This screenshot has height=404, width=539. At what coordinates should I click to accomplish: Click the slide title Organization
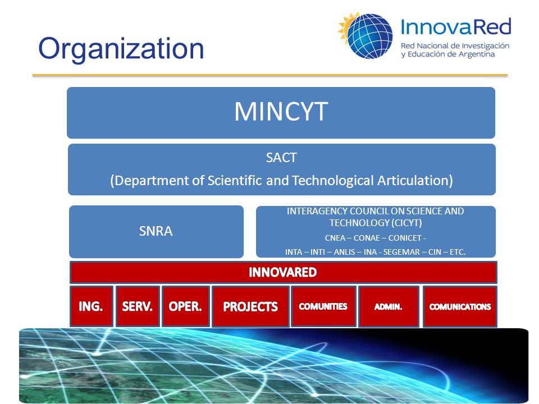(121, 49)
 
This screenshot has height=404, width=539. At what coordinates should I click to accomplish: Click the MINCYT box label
(281, 112)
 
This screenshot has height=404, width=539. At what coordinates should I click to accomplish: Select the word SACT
(281, 158)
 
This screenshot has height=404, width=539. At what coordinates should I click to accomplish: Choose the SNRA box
(157, 232)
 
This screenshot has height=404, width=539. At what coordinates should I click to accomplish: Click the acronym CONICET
(405, 238)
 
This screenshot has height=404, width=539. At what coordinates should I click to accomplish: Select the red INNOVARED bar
(283, 273)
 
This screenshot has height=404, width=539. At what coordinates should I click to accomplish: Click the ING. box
(92, 306)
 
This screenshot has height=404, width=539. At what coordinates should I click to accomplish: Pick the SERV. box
(138, 306)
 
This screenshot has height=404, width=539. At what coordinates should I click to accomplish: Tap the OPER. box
(186, 306)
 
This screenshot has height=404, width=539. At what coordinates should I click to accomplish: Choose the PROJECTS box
(250, 306)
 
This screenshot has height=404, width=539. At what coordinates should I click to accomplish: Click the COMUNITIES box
(323, 306)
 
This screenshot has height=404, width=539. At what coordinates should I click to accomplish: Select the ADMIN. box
(389, 306)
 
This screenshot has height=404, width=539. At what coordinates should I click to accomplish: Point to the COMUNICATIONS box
(460, 306)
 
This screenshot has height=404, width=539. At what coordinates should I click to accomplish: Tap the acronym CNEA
(335, 238)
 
